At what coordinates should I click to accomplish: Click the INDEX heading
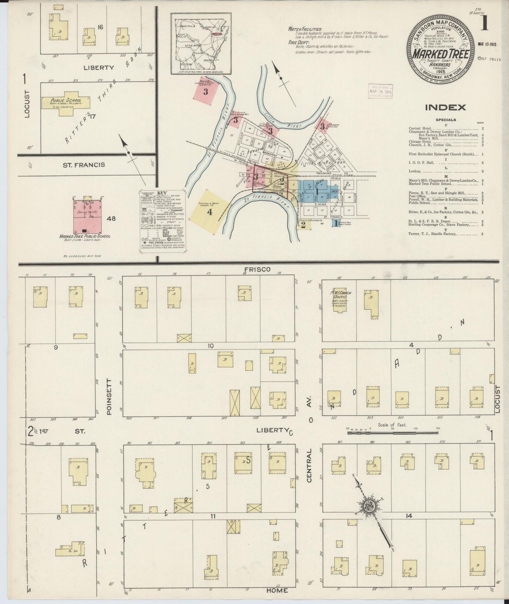445,108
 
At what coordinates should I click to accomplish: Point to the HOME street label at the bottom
277,590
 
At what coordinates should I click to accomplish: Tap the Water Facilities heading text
305,29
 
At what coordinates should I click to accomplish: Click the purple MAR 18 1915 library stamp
380,92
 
